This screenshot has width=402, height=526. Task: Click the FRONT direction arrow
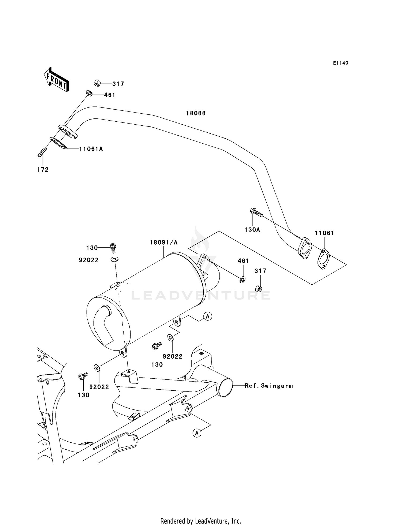(x=56, y=80)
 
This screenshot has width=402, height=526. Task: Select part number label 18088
(x=196, y=113)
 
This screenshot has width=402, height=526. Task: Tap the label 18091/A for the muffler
(x=163, y=242)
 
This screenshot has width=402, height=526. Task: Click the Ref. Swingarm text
(x=269, y=386)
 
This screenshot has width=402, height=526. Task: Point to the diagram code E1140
(x=341, y=63)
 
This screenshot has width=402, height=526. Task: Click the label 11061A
(x=91, y=149)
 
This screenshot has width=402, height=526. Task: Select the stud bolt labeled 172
(x=42, y=152)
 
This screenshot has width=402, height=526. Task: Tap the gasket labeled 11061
(x=323, y=259)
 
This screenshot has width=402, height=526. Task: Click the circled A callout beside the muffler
(x=207, y=316)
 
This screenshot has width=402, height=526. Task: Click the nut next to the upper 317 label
(x=97, y=83)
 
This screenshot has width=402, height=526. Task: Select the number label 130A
(x=252, y=230)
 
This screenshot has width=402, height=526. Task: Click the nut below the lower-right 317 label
(x=259, y=288)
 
